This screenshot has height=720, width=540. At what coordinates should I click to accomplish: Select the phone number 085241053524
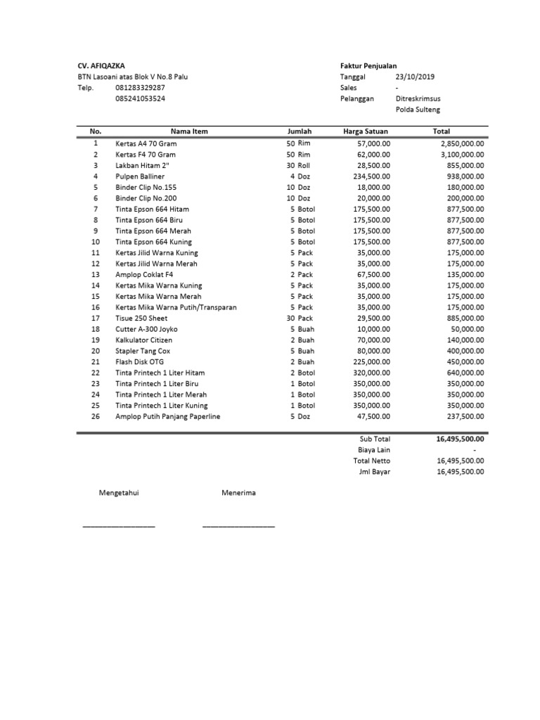coord(141,99)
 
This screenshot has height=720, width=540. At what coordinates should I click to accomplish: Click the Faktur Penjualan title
coord(368,65)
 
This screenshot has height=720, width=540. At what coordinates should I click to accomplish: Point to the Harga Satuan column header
coord(366,131)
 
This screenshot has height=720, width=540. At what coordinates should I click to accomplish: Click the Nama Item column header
coord(189,131)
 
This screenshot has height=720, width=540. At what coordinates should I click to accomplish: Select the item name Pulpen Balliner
coord(141,176)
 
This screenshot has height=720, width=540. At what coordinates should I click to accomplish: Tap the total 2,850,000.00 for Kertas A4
coord(461,143)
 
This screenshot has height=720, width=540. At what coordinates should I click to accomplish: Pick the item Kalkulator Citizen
coord(143,340)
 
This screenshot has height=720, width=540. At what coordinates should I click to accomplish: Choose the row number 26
coord(96,416)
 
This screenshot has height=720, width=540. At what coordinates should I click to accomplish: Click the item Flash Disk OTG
coord(139,361)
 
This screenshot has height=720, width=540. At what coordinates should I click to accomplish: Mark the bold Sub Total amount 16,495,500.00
coord(460,439)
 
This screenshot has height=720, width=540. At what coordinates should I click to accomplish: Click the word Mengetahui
coord(119,493)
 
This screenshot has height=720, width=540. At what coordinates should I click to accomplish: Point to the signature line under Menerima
coord(238,526)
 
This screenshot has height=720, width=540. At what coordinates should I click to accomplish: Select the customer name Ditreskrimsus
coord(418,99)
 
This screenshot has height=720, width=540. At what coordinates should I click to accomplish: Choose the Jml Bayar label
coord(374,472)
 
